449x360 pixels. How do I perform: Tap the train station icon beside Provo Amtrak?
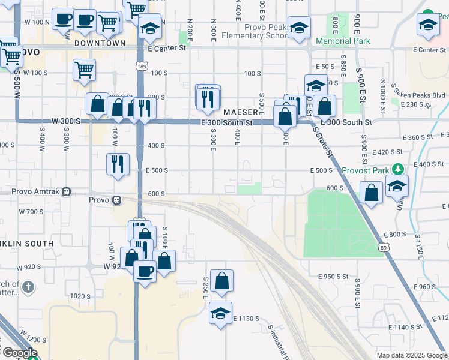click(x=67, y=193)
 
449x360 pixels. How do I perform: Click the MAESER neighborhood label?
click(x=240, y=112)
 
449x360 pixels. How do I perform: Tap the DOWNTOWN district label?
click(x=100, y=43)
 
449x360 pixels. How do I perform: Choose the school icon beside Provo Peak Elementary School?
click(x=299, y=28)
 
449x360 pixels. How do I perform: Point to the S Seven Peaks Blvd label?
click(x=418, y=95)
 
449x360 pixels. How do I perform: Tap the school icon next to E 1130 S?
click(x=221, y=313)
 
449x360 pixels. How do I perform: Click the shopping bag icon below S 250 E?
click(x=221, y=281)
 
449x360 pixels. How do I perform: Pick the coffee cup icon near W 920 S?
click(x=145, y=271)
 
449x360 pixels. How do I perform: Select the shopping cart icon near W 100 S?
click(x=85, y=70)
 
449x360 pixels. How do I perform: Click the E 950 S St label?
click(x=334, y=277)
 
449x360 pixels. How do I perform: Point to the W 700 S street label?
click(x=31, y=212)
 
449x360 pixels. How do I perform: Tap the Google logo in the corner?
click(x=19, y=353)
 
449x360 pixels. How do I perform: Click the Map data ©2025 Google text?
click(x=411, y=355)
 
